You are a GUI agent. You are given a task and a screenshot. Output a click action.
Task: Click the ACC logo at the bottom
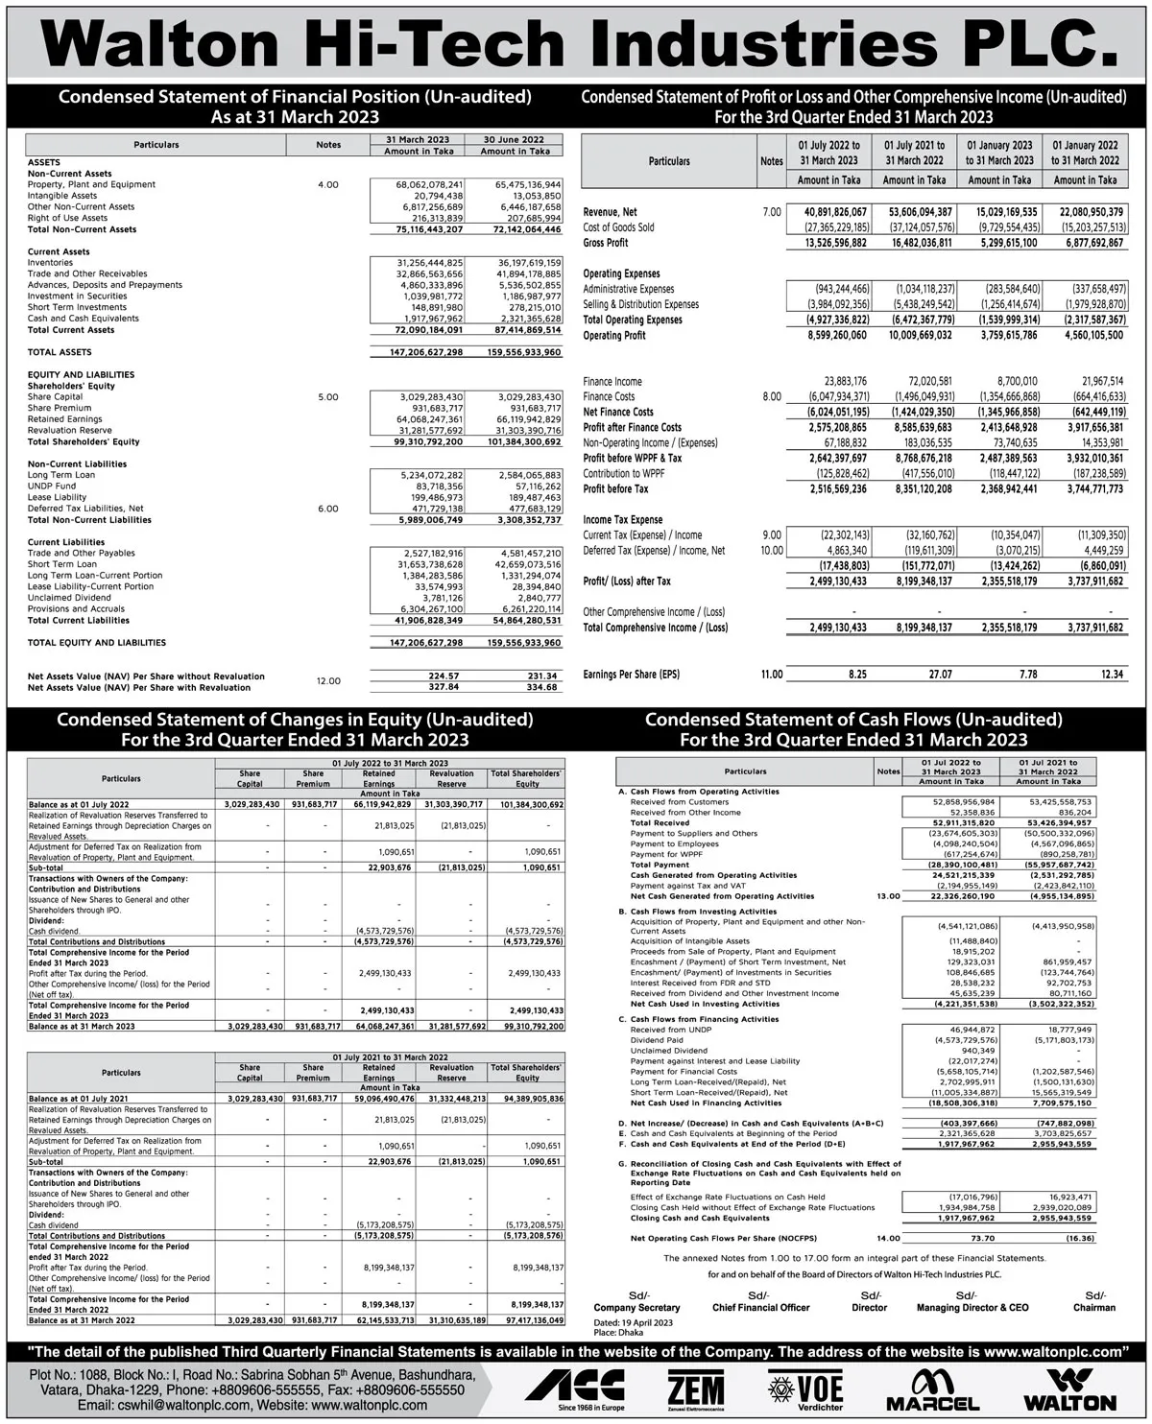coord(574,1388)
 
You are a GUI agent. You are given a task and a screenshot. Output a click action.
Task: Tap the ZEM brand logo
coord(696,1388)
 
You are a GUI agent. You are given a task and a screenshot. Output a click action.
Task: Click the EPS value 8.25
coord(857,675)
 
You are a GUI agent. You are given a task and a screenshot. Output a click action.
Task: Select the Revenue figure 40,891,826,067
coord(829,212)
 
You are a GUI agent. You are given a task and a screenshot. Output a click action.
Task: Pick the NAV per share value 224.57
coord(444,676)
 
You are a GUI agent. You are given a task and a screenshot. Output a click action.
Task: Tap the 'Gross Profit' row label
coord(606,243)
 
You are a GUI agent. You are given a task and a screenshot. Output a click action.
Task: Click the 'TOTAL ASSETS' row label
coord(60,352)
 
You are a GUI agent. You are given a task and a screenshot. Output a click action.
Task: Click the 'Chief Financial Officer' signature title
coord(760,1307)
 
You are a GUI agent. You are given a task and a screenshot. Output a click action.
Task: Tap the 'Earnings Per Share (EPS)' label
coord(631,675)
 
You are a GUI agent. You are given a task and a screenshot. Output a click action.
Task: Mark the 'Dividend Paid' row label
coord(657,1040)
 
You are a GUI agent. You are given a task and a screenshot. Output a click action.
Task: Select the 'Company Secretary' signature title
coord(636,1307)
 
